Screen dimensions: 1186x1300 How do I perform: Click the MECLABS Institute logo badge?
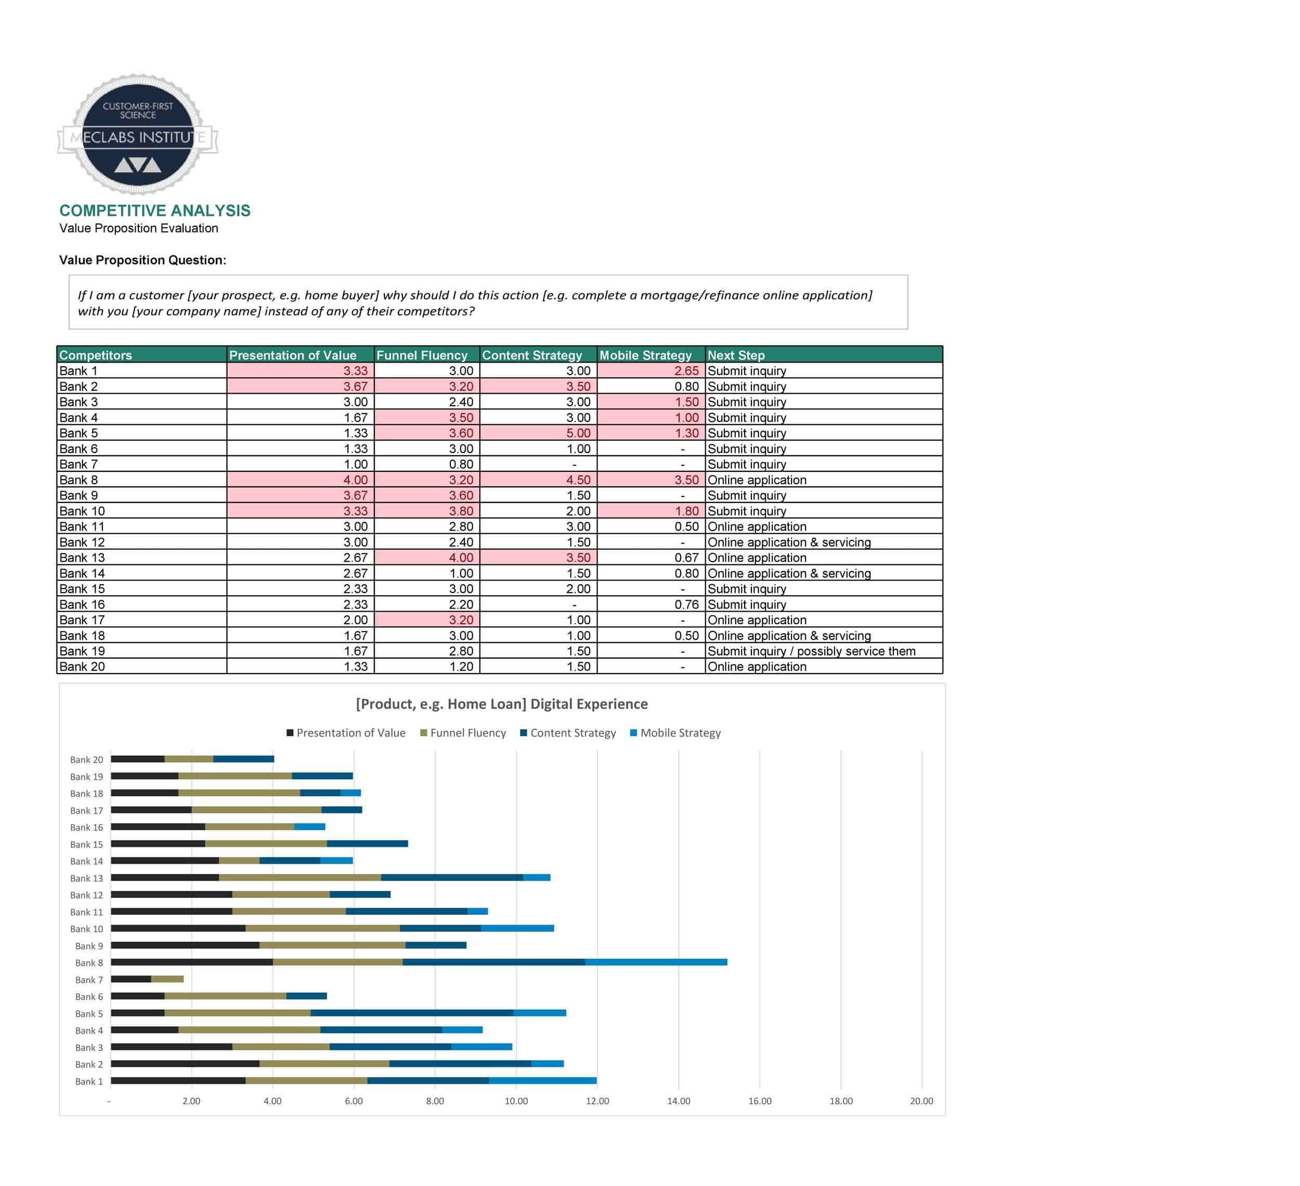pos(137,134)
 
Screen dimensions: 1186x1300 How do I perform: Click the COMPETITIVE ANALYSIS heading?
pos(155,211)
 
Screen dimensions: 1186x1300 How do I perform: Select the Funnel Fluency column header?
pos(422,355)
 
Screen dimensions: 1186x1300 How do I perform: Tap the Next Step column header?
pos(736,355)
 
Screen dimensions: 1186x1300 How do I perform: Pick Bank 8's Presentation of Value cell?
pos(301,480)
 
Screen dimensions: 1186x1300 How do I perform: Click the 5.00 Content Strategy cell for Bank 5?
pos(538,433)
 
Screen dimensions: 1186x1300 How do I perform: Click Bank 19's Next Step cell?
pos(811,651)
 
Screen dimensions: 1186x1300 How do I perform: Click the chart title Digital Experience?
pos(502,704)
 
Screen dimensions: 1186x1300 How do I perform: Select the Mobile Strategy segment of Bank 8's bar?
pos(656,962)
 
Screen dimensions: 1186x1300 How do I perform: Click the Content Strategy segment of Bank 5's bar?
pos(412,1013)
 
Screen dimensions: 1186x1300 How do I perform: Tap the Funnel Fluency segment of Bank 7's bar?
pos(167,979)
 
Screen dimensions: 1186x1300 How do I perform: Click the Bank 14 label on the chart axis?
pos(86,861)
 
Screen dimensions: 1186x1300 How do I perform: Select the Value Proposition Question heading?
pos(142,260)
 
